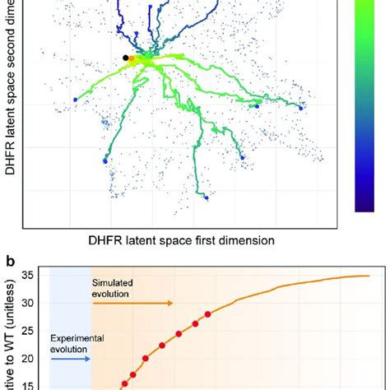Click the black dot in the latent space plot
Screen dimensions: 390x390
point(125,57)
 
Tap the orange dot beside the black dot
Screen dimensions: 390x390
point(132,58)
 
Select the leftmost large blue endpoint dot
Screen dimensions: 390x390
point(75,100)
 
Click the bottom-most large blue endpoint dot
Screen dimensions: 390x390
point(207,197)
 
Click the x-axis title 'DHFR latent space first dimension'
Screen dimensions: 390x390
point(171,240)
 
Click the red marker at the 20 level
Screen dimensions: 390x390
point(146,358)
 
